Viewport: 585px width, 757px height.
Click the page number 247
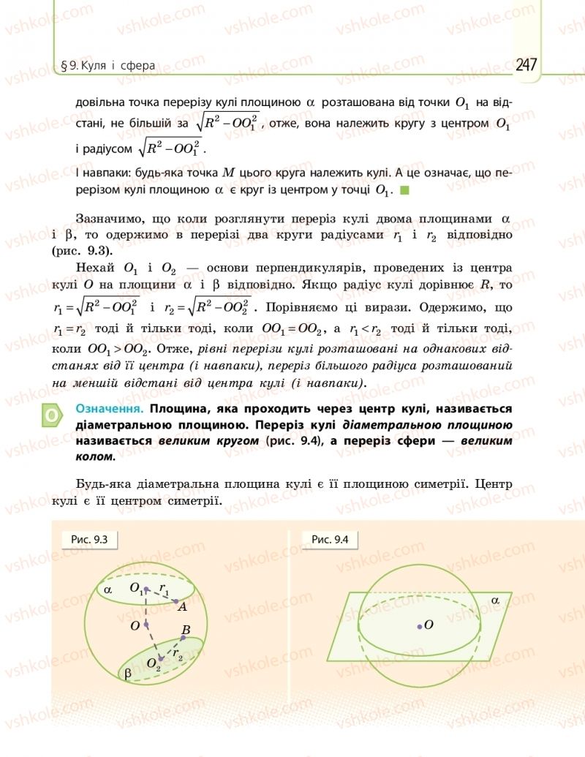tap(526, 64)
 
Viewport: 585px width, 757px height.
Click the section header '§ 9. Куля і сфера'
tap(108, 66)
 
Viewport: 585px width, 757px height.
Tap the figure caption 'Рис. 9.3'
tap(90, 540)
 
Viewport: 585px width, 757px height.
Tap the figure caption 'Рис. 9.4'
tap(330, 540)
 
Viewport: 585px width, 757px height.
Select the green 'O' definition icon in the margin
tap(52, 416)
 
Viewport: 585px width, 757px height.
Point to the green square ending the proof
tap(405, 190)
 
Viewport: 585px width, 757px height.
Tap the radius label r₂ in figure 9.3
tap(178, 655)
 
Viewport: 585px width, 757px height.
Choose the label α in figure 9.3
tap(107, 589)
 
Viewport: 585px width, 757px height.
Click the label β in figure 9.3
tap(129, 675)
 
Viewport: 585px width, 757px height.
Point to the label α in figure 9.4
tap(495, 600)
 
